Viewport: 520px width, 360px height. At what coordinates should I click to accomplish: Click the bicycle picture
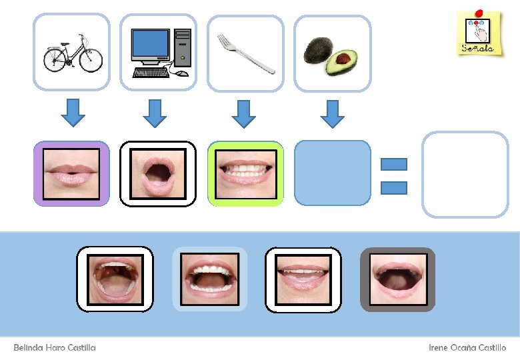(x=71, y=53)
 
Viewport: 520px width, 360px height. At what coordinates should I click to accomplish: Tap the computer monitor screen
(x=150, y=44)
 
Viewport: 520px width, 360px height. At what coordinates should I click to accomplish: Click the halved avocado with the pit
(x=341, y=62)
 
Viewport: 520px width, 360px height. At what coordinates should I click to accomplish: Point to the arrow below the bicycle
(x=73, y=113)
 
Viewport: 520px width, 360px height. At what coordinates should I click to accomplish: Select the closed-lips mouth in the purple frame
(x=71, y=173)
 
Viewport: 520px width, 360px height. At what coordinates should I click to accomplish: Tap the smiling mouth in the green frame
(x=245, y=173)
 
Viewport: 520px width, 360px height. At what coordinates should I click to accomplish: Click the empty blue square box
(x=332, y=173)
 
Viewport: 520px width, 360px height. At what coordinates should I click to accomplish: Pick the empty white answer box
(x=465, y=174)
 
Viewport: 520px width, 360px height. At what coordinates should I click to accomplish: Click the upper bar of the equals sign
(x=393, y=164)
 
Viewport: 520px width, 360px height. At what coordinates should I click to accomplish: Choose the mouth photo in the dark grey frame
(x=397, y=279)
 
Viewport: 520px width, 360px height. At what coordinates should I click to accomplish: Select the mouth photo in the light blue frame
(x=210, y=279)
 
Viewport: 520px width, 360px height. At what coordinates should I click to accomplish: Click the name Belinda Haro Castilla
(x=55, y=348)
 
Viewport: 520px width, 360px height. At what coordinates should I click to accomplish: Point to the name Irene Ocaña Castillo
(x=467, y=348)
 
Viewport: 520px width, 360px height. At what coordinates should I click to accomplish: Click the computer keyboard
(x=153, y=71)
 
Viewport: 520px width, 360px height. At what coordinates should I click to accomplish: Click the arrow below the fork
(x=244, y=113)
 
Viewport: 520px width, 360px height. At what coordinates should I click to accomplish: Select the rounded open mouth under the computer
(x=158, y=173)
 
